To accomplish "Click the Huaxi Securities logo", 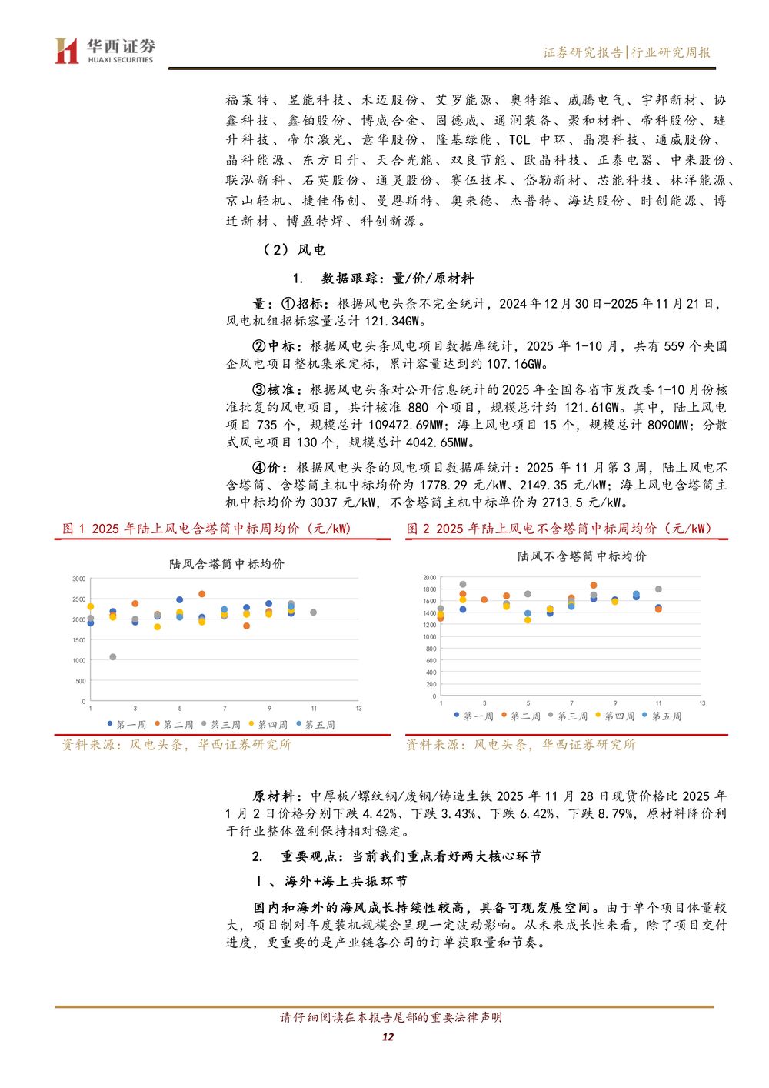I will [105, 51].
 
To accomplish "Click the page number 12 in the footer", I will [388, 1036].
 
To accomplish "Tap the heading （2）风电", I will [294, 250].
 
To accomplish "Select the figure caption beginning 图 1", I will [206, 529].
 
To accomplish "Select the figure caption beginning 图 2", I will [559, 529].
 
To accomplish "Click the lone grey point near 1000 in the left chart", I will [113, 657].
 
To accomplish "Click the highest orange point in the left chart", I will [202, 594].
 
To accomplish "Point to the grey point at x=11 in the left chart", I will [314, 612].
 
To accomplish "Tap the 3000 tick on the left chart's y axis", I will [79, 579].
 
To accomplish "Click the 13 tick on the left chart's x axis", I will [358, 708].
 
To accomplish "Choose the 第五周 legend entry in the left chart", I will [316, 725].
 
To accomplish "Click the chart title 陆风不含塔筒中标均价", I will [581, 556].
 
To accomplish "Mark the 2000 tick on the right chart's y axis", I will [429, 578].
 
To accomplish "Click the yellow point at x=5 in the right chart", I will [528, 619].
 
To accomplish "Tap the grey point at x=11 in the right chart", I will [658, 589].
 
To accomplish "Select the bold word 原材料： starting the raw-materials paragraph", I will [278, 796].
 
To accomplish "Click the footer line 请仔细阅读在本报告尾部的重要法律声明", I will [391, 1017].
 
